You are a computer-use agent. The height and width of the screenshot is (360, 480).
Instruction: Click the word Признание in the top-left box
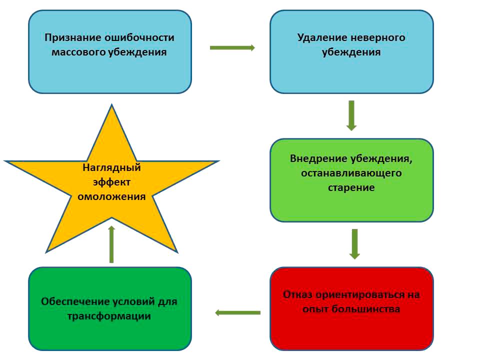[x=73, y=37]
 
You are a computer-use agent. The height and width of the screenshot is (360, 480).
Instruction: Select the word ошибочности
[x=139, y=37]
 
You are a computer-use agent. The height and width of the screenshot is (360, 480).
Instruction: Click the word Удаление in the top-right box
[x=322, y=37]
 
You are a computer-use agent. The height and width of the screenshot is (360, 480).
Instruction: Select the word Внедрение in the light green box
[x=318, y=158]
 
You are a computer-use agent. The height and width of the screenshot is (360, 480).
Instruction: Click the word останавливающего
[x=351, y=173]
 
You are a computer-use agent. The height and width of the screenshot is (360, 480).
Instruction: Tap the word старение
[x=351, y=187]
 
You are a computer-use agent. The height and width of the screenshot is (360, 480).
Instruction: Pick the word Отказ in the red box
[x=297, y=294]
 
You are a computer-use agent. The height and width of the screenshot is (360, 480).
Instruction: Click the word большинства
[x=366, y=308]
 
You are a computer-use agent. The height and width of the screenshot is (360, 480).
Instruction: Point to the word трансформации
[x=109, y=316]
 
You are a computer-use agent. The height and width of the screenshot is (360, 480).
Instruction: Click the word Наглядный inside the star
[x=111, y=168]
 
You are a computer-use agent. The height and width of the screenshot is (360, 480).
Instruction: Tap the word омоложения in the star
[x=111, y=196]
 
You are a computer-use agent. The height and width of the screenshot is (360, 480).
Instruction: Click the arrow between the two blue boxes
[x=232, y=48]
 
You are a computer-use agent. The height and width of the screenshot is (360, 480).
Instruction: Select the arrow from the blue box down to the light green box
[x=351, y=115]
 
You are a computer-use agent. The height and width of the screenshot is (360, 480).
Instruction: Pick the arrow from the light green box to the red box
[x=354, y=244]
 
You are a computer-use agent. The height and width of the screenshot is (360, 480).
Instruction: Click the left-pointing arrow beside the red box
[x=238, y=312]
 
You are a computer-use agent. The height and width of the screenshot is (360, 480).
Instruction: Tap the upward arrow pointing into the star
[x=111, y=244]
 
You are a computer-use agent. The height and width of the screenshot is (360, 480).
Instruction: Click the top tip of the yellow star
[x=111, y=104]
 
